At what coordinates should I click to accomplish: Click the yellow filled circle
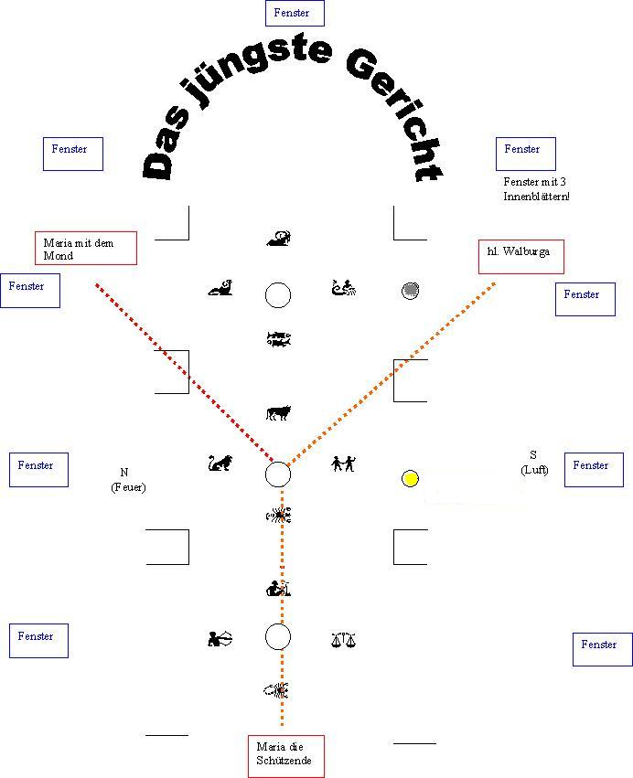(x=411, y=478)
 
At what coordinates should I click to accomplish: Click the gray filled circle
(x=411, y=292)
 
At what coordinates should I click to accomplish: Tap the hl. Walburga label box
(x=520, y=256)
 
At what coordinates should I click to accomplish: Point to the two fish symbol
(x=278, y=339)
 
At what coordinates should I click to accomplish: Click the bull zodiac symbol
(x=278, y=413)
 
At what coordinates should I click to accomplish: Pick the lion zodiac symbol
(x=220, y=464)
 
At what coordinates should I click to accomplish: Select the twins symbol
(x=344, y=464)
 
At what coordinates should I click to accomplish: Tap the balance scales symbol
(x=343, y=640)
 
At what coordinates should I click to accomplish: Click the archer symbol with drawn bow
(x=220, y=639)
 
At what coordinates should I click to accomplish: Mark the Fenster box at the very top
(x=294, y=13)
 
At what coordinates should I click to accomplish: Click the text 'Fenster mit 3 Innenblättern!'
(x=536, y=189)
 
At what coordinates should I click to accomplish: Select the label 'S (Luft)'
(x=534, y=462)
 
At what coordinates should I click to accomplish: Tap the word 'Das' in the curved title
(x=164, y=145)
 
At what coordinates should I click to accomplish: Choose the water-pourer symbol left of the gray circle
(x=344, y=290)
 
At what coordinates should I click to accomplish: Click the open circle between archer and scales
(x=278, y=636)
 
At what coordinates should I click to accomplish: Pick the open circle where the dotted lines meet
(x=278, y=474)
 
